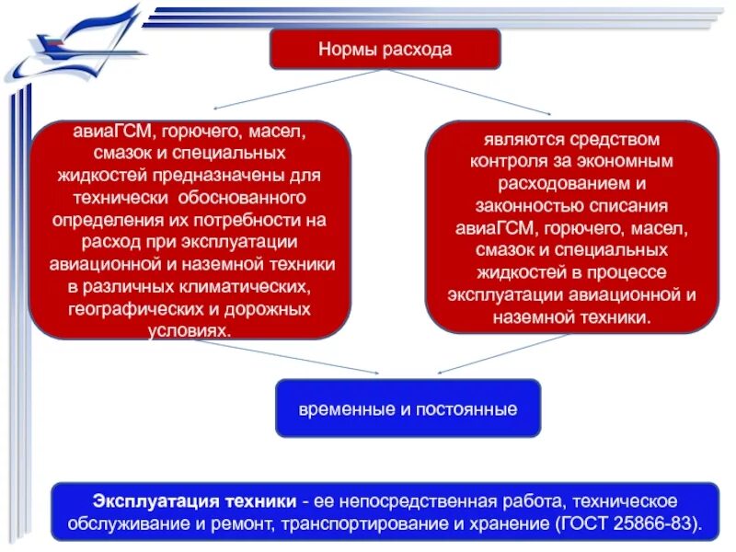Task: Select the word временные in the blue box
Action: coord(348,408)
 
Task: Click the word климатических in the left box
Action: coord(248,285)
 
